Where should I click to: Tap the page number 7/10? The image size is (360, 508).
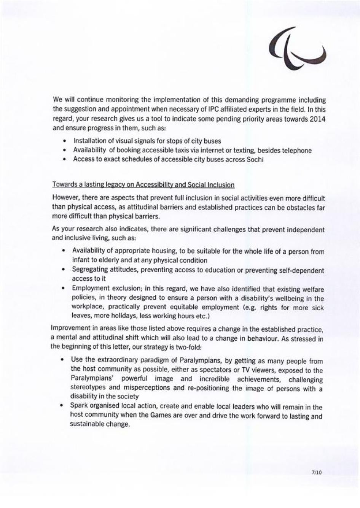317,473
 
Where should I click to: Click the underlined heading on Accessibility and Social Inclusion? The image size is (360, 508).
143,185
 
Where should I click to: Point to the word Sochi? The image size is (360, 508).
255,159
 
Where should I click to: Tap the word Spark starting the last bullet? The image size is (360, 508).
78,406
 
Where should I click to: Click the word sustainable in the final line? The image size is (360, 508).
86,424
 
